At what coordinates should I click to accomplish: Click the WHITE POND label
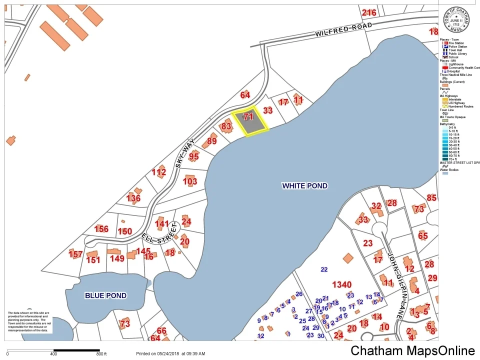click(x=304, y=186)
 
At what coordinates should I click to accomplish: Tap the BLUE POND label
click(x=105, y=295)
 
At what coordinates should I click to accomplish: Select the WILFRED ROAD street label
click(x=343, y=30)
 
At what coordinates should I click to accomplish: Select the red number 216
click(x=369, y=12)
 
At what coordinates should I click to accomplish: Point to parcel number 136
click(x=133, y=198)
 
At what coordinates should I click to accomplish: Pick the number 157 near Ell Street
click(x=75, y=254)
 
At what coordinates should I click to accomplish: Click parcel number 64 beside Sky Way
click(x=245, y=95)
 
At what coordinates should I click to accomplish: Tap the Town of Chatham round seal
click(x=456, y=20)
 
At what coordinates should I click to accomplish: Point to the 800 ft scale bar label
click(x=101, y=354)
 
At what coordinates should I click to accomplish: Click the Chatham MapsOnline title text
click(x=412, y=351)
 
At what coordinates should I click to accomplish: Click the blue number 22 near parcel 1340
click(x=324, y=269)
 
